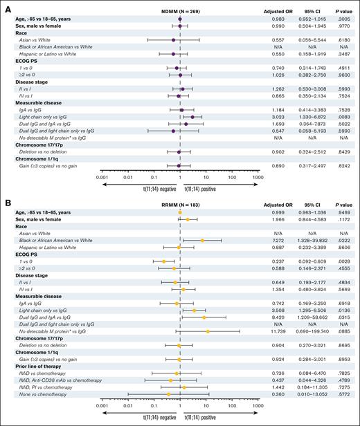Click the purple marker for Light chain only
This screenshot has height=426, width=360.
(192, 118)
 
